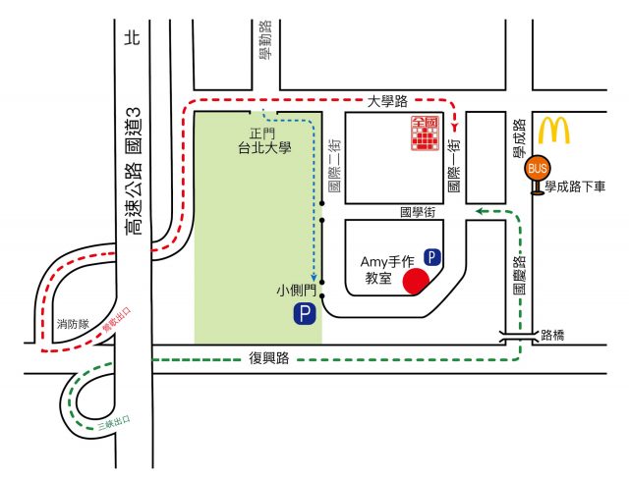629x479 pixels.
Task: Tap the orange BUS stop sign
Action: click(x=538, y=169)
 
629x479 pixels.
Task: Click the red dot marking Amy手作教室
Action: click(x=416, y=282)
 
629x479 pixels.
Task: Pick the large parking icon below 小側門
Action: click(x=306, y=314)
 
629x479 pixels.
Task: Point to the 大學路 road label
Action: click(x=387, y=100)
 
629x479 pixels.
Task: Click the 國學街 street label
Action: click(x=418, y=211)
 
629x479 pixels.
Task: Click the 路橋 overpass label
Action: click(x=553, y=335)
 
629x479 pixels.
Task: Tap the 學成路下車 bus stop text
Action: click(x=579, y=185)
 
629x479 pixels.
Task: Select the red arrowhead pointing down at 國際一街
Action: click(x=455, y=127)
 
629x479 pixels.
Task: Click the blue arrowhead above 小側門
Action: click(x=314, y=278)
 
